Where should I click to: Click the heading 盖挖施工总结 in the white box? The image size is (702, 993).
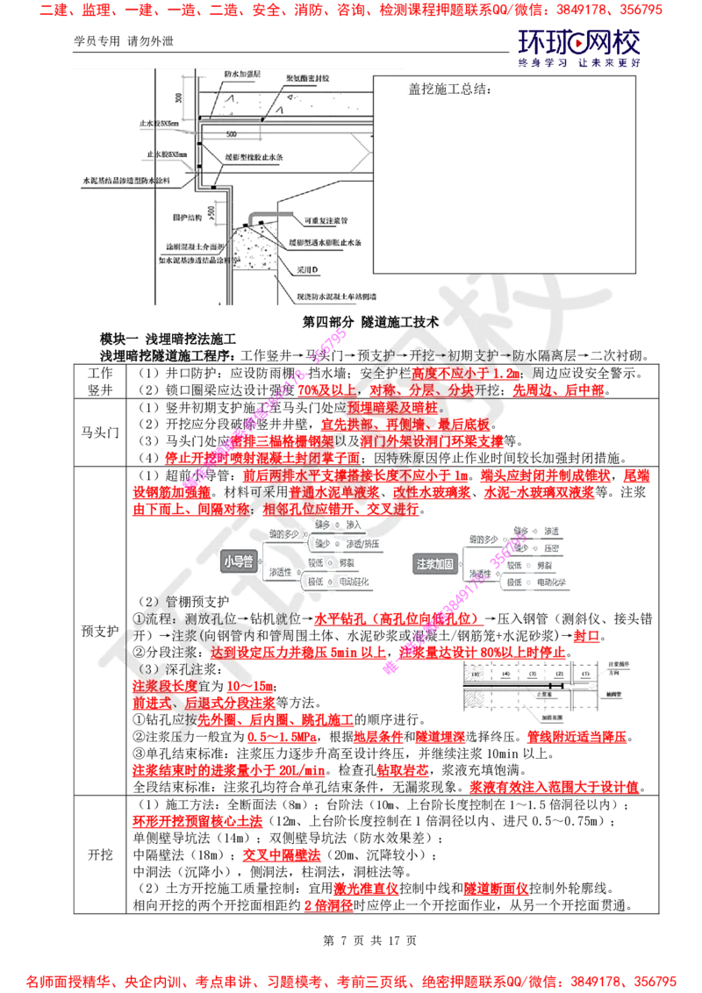(x=449, y=89)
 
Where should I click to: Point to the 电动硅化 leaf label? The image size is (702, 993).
(x=357, y=581)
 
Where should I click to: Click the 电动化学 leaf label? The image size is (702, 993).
(x=555, y=582)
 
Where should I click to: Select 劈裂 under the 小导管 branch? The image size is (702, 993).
(x=347, y=562)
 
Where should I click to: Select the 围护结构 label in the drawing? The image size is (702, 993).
(x=187, y=215)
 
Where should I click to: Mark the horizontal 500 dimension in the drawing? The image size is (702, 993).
(x=232, y=133)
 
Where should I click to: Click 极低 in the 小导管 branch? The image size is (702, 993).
(x=315, y=581)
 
